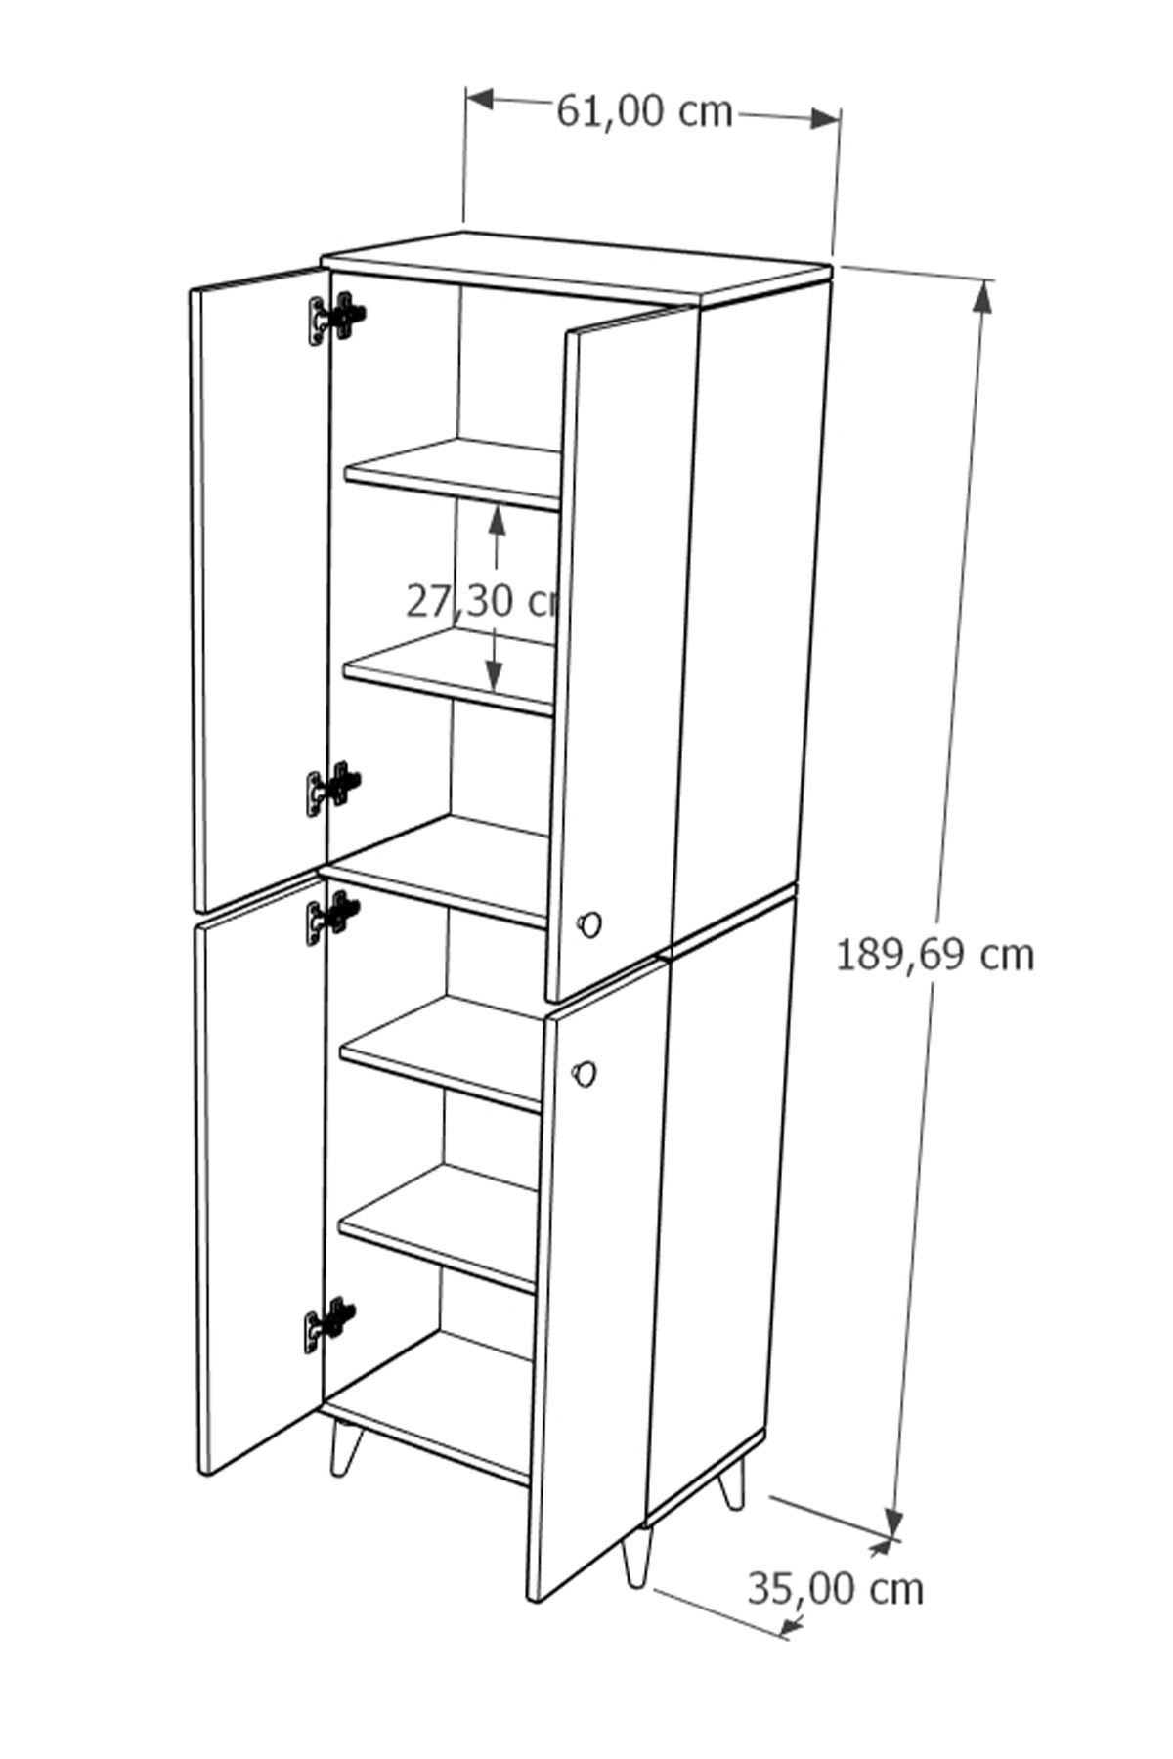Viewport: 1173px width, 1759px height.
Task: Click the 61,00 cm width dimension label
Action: point(644,112)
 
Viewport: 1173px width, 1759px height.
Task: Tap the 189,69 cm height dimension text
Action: point(934,955)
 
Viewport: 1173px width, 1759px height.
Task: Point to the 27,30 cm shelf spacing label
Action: point(481,602)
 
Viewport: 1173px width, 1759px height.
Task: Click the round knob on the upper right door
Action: point(589,923)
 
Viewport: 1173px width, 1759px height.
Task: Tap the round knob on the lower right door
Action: point(585,1072)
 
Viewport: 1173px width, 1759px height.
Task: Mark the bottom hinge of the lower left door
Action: point(329,1324)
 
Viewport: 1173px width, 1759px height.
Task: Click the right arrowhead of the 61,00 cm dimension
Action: point(825,118)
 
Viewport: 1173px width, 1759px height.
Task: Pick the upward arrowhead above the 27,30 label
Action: point(498,521)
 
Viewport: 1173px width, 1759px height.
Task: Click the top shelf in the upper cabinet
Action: point(453,473)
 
